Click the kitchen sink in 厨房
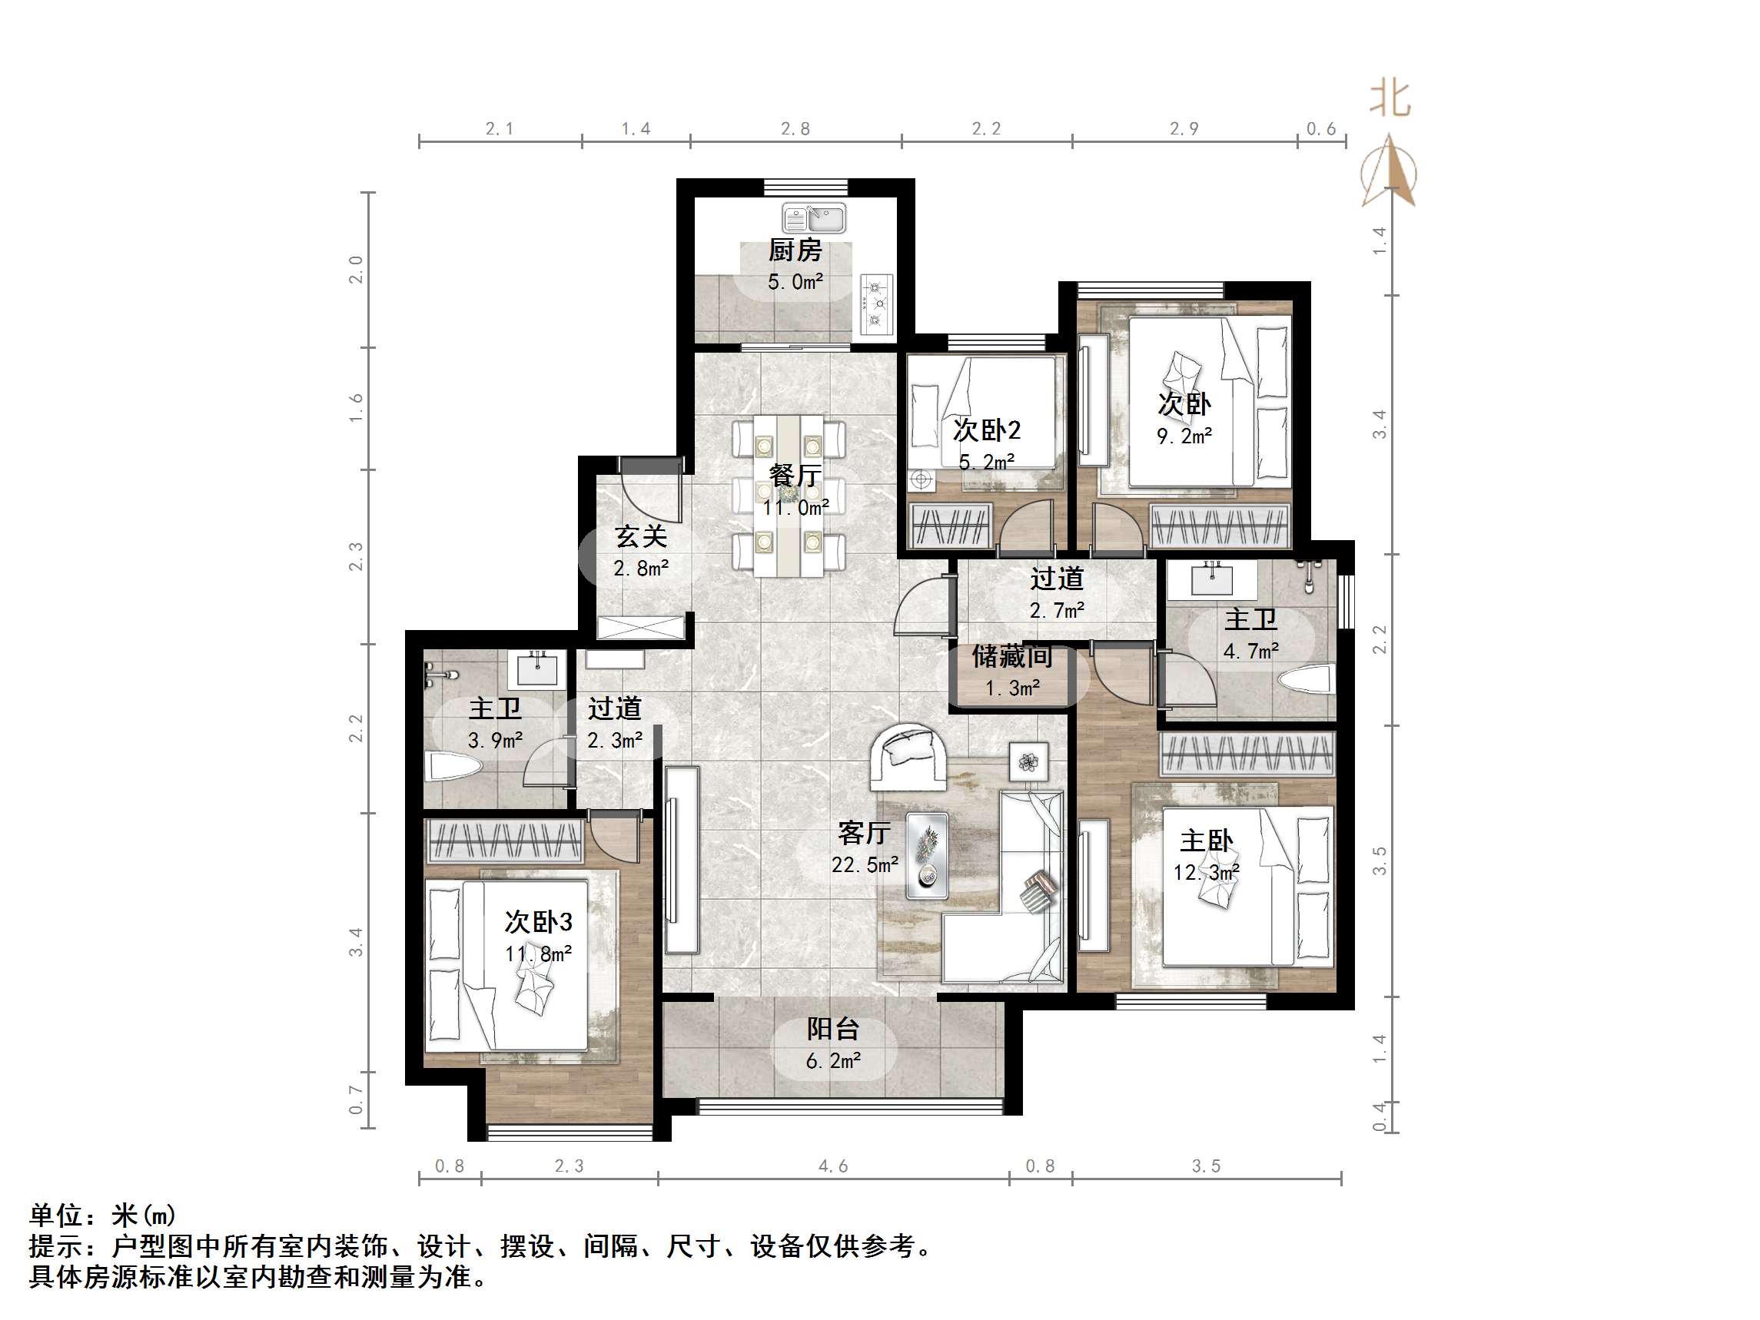[x=814, y=218]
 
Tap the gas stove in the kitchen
[x=877, y=304]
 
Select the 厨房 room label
[x=795, y=250]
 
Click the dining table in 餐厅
[x=789, y=495]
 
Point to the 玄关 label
[x=640, y=537]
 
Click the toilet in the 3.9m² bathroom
[x=454, y=766]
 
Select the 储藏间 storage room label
[x=1012, y=657]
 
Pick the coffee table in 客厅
[x=927, y=856]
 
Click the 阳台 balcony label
[x=833, y=1030]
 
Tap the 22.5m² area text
[x=865, y=865]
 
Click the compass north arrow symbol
[x=1389, y=172]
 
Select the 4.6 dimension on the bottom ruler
[x=833, y=1166]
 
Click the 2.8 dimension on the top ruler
[x=795, y=129]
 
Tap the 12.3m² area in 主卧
[x=1206, y=873]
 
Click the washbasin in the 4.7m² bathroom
[x=1211, y=579]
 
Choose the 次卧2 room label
[x=987, y=430]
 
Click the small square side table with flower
[x=1029, y=761]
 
